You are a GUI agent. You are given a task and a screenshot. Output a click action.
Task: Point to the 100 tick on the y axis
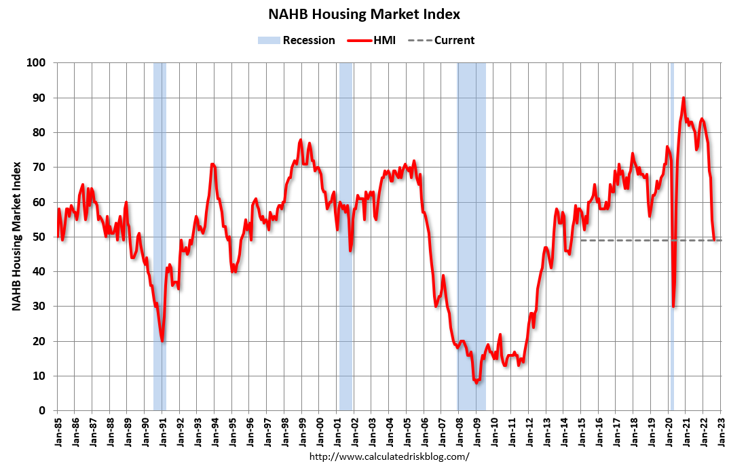point(36,63)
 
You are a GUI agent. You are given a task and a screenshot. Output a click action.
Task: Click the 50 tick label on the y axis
point(39,237)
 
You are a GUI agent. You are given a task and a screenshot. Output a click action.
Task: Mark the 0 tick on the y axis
point(42,410)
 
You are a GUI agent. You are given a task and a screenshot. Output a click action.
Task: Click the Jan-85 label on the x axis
point(58,431)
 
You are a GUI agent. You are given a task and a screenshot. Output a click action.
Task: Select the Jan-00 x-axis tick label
point(320,431)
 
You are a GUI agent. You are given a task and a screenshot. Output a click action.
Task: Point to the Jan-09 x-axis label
point(476,431)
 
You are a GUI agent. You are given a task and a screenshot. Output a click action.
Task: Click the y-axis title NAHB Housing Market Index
point(16,237)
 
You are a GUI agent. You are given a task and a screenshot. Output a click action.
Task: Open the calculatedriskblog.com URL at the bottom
point(389,456)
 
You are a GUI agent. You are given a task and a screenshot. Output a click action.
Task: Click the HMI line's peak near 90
point(684,98)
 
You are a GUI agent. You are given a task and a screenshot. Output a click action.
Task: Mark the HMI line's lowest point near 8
point(476,383)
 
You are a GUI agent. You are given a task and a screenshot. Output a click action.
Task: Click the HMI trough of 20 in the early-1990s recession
point(162,340)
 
